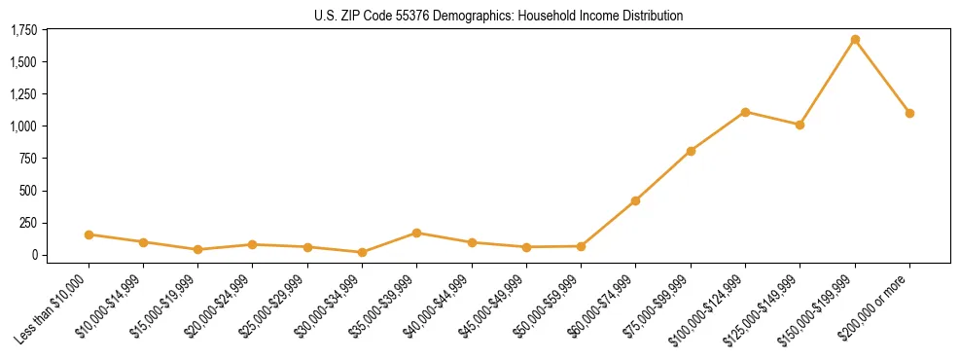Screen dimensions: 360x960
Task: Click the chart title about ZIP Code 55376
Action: click(x=499, y=16)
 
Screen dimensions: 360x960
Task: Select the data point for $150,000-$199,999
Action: click(x=855, y=40)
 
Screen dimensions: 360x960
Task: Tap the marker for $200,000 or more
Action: click(x=909, y=113)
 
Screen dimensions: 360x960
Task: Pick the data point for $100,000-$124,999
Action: click(x=745, y=112)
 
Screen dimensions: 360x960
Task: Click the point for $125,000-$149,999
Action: click(x=800, y=125)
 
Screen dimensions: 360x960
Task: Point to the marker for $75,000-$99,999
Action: click(x=691, y=151)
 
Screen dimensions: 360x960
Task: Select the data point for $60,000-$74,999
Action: click(x=635, y=200)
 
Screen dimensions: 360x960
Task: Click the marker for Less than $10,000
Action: click(x=89, y=234)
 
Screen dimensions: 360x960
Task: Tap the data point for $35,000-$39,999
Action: click(x=416, y=233)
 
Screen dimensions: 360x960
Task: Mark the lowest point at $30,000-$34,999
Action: click(x=362, y=252)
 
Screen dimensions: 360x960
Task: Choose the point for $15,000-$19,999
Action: click(x=197, y=249)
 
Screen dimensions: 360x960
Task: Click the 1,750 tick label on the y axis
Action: click(x=24, y=30)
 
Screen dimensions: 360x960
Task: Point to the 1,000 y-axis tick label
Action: click(x=24, y=126)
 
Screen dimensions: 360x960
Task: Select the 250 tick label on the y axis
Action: click(x=29, y=223)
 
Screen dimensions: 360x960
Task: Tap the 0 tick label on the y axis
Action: click(x=34, y=255)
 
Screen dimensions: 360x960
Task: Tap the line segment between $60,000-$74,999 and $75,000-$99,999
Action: click(x=663, y=175)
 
